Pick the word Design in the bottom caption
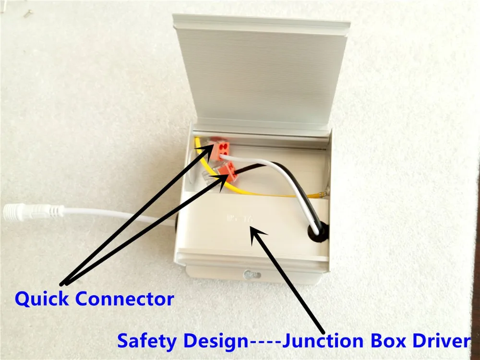[x=214, y=341]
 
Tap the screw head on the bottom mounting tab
[x=250, y=274]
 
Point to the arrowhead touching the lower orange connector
[x=223, y=177]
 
